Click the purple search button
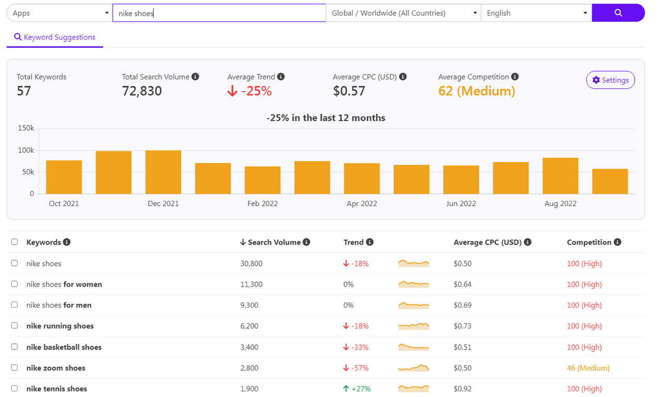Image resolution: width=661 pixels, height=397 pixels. point(618,13)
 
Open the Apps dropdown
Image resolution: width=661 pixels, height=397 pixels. point(59,13)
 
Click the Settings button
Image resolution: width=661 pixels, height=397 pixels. point(610,80)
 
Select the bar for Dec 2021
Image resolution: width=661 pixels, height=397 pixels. point(163,172)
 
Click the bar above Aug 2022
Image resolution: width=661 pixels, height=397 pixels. point(560,176)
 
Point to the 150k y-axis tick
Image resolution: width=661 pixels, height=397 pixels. point(26,128)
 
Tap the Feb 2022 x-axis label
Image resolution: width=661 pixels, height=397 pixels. point(262,203)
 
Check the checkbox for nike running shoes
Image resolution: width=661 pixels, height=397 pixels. point(14,326)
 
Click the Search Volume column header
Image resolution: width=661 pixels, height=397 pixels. point(274,242)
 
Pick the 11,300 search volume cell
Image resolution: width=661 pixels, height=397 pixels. point(251,284)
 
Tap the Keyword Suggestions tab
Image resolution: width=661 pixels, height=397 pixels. point(55,37)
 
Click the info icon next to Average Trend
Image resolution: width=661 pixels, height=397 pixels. point(281,76)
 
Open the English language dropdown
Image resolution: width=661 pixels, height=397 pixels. point(536,13)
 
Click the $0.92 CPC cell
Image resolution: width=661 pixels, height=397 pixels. point(462,389)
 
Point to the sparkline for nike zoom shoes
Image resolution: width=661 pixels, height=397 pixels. point(414,368)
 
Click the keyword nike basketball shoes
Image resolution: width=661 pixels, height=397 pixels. point(64,347)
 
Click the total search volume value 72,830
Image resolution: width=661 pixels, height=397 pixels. point(142,91)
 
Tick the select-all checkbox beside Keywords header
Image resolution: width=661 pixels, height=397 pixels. point(14,242)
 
